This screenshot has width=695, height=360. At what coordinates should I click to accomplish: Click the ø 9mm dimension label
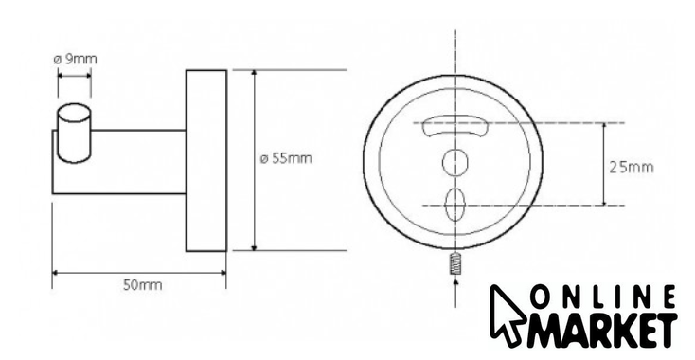pos(75,59)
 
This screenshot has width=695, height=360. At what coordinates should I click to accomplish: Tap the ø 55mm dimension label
pos(286,158)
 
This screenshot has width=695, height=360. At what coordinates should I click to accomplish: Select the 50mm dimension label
pos(142,285)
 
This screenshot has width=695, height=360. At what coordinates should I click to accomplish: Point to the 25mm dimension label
pos(632,167)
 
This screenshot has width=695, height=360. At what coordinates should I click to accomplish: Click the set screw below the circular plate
pos(455,263)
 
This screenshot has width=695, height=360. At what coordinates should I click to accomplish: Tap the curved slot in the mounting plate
pos(455,125)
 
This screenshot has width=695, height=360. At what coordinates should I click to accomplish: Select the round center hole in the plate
pos(455,162)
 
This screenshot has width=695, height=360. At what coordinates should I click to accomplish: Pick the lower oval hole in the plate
pos(454,205)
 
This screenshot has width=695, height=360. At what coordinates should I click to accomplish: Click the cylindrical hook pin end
pos(74,133)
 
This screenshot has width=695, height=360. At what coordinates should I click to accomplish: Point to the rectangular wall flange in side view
pos(206,160)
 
